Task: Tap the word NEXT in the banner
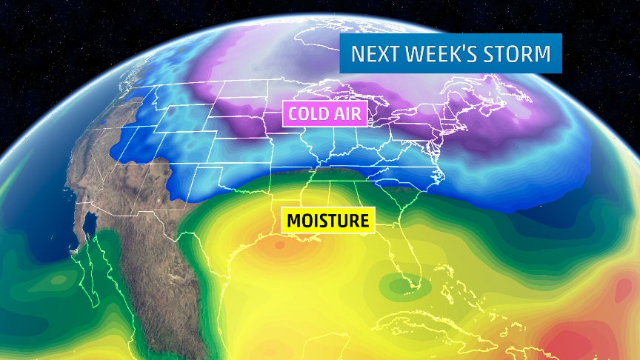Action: tap(370, 54)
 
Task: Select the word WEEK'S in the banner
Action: tap(432, 54)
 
